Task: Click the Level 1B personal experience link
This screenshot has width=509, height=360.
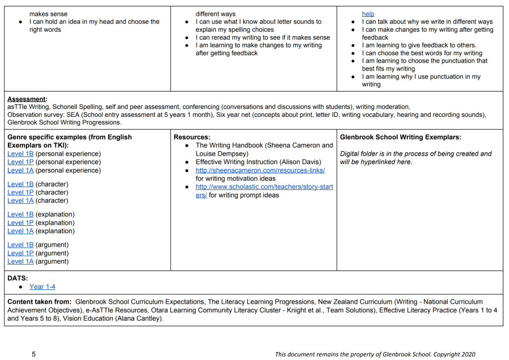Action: (20, 154)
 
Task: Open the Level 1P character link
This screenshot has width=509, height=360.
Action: (20, 192)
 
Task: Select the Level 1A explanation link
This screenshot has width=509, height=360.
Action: (20, 231)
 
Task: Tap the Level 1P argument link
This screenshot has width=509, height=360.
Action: (20, 253)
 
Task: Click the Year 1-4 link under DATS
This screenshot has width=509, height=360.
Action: (42, 286)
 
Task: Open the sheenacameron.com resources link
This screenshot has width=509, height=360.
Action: (260, 170)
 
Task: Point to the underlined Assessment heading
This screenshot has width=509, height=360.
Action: (26, 99)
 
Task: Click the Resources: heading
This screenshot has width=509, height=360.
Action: (192, 137)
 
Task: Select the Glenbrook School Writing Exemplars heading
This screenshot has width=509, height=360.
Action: (401, 137)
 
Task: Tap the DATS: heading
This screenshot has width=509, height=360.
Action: (18, 278)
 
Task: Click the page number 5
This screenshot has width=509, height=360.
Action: (34, 354)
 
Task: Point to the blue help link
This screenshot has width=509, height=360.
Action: (368, 14)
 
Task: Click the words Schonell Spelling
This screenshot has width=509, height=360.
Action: (79, 106)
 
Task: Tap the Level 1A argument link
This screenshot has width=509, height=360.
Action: (20, 261)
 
